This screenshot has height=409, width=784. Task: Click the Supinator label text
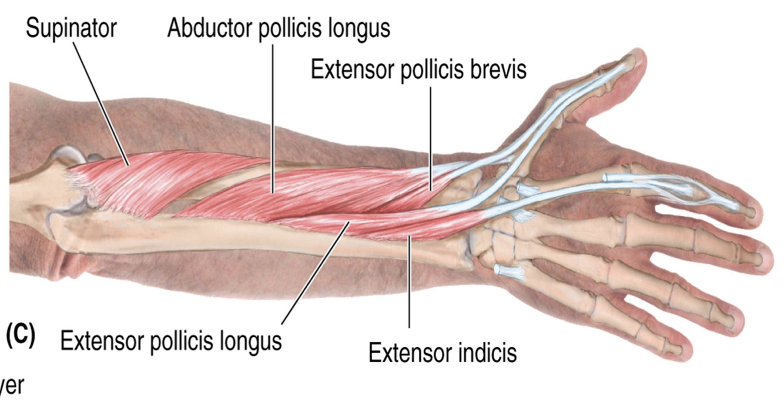click(71, 28)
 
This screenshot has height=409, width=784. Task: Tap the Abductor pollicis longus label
click(278, 28)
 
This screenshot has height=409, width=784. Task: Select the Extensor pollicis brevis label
click(418, 69)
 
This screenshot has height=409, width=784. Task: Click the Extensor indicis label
click(443, 353)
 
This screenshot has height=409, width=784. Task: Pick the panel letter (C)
click(20, 335)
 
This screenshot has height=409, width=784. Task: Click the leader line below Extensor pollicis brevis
click(431, 135)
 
